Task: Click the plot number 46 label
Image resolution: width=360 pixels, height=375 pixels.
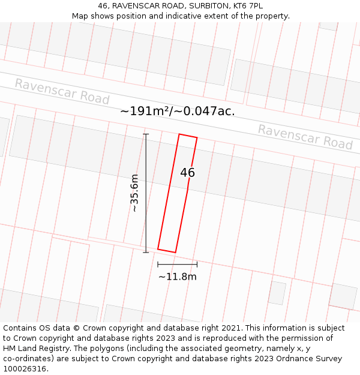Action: tap(187, 173)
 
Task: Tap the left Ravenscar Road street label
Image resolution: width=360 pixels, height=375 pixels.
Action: tap(62, 92)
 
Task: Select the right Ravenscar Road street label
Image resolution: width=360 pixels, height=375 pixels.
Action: tap(305, 137)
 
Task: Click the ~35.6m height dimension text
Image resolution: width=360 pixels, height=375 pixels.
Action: tap(135, 193)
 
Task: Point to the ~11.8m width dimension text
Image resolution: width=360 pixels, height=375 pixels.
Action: tap(177, 277)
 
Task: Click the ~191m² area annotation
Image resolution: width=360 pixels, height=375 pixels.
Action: tap(178, 111)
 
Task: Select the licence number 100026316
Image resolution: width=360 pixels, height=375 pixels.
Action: tap(26, 369)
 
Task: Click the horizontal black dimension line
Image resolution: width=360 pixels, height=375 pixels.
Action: tap(177, 264)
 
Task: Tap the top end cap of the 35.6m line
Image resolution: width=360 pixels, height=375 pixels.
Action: tap(146, 134)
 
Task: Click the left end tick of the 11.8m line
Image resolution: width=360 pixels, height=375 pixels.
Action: tap(158, 264)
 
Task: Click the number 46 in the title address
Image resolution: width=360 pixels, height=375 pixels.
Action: tap(103, 6)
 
